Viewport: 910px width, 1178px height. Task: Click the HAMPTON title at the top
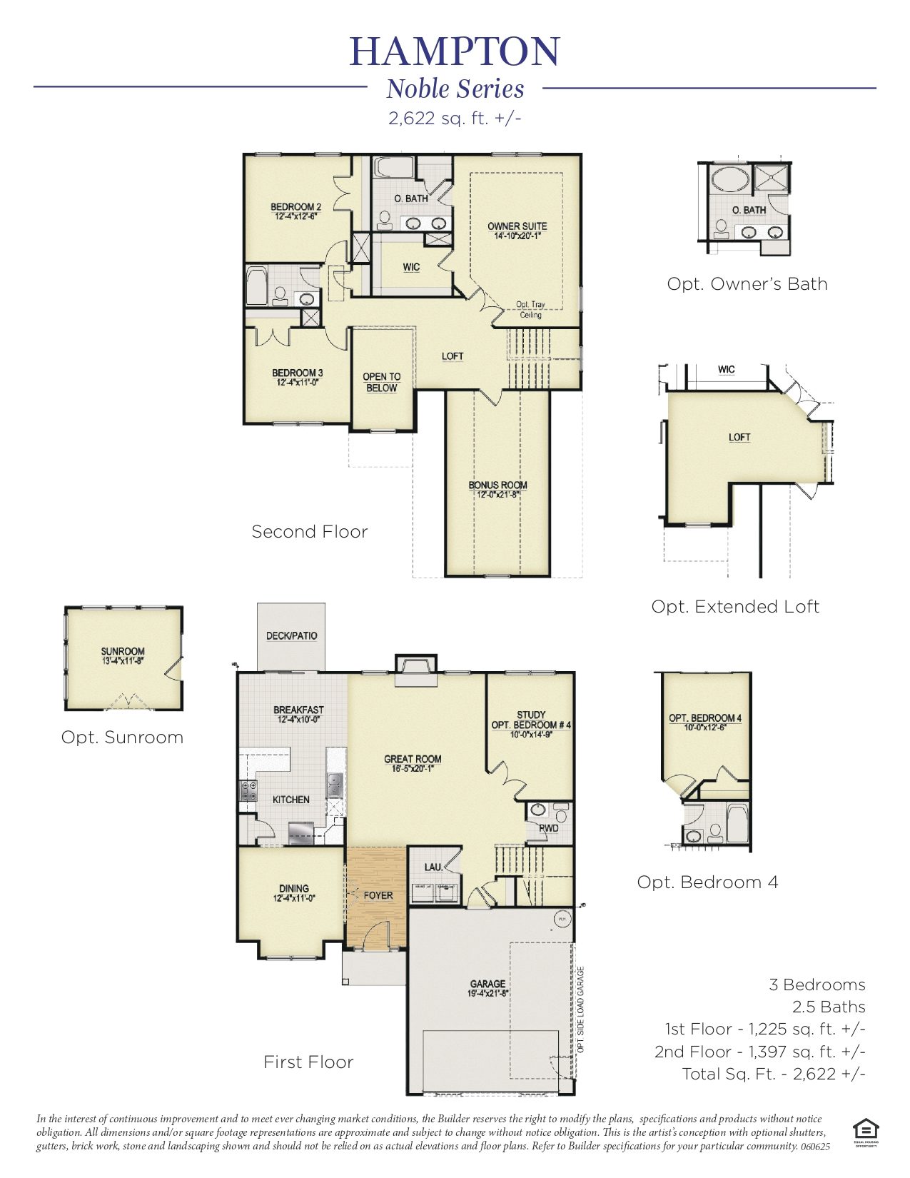click(455, 51)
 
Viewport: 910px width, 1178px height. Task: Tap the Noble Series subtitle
click(455, 89)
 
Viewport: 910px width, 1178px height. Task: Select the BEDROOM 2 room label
click(295, 207)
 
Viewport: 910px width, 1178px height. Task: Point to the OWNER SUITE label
click(517, 226)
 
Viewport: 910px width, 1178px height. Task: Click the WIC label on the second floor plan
click(411, 268)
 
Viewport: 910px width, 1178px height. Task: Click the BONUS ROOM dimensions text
click(497, 494)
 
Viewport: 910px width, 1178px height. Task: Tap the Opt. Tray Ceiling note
click(530, 309)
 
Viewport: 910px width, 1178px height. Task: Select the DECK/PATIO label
click(291, 635)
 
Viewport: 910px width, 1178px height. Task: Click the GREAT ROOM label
click(413, 759)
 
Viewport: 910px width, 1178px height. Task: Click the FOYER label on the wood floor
click(378, 895)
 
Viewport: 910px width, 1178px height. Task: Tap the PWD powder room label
click(548, 828)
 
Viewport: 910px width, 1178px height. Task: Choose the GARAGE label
click(487, 984)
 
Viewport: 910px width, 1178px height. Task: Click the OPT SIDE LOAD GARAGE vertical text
click(581, 1010)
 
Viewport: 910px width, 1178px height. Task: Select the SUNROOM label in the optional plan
click(123, 651)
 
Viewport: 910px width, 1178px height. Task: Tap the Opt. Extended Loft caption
click(735, 607)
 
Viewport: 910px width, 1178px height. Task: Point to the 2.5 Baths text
click(828, 1007)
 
